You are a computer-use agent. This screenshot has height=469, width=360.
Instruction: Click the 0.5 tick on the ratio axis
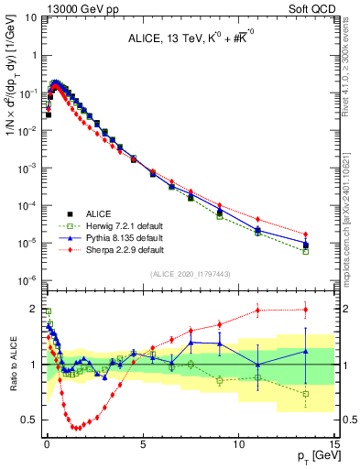[x=30, y=420]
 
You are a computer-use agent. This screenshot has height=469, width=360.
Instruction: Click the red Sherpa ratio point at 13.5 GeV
[x=305, y=310]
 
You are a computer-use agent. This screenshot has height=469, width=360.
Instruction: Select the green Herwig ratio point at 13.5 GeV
[x=305, y=394]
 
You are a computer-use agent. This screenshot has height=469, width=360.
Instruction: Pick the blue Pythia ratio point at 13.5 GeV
[x=305, y=351]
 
